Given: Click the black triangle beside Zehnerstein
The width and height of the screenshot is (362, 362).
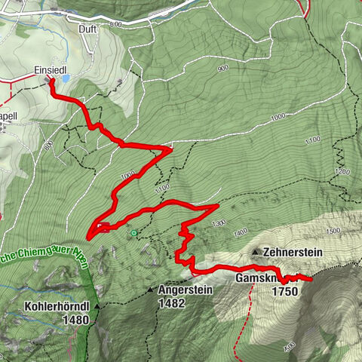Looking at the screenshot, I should tap(256, 252).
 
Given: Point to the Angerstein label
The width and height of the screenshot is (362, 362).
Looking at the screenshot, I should tap(186, 289).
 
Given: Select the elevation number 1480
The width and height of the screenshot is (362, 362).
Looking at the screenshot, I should tap(77, 320).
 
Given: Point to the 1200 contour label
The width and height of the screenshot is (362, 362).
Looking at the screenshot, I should tap(343, 173).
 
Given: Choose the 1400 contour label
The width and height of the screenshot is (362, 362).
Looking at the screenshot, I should tap(241, 231).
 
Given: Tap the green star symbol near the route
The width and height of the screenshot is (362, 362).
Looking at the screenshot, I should tap(134, 234).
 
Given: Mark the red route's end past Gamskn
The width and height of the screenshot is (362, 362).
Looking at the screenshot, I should tap(311, 279).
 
